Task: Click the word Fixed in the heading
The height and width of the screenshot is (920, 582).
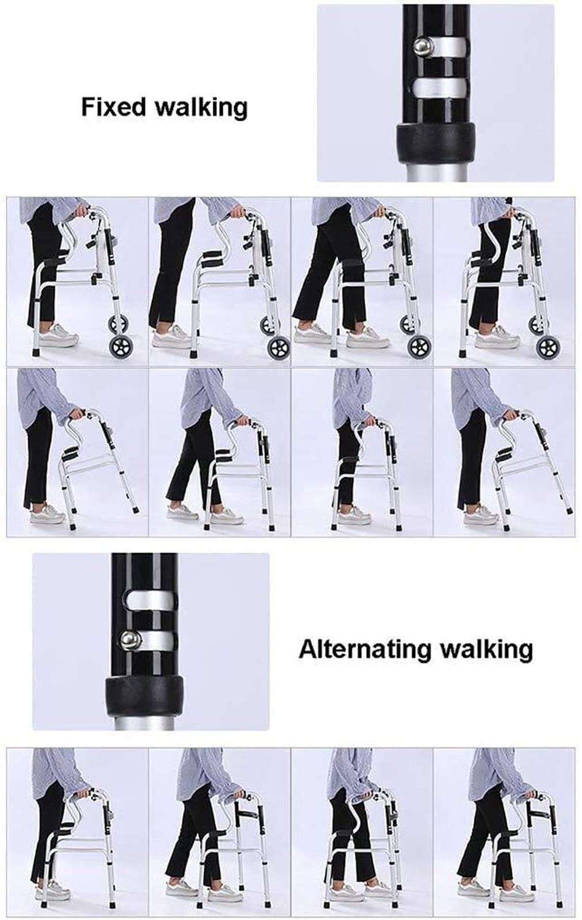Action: click(x=114, y=106)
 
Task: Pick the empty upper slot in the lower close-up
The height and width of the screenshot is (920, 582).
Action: click(x=151, y=599)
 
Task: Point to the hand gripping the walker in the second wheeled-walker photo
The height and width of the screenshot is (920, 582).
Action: click(x=238, y=212)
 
